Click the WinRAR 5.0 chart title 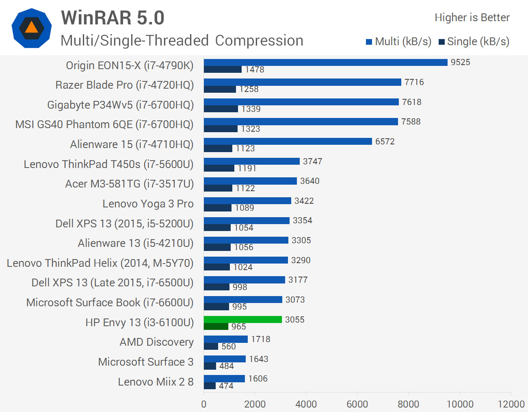pyautogui.click(x=113, y=18)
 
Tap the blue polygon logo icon pyautogui.click(x=32, y=28)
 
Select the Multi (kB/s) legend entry pyautogui.click(x=398, y=41)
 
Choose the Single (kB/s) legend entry pyautogui.click(x=474, y=41)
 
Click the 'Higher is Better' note pyautogui.click(x=472, y=17)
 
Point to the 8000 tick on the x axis pyautogui.click(x=408, y=404)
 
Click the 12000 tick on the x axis pyautogui.click(x=511, y=404)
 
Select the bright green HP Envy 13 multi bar pyautogui.click(x=242, y=319)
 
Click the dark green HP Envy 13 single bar pyautogui.click(x=216, y=327)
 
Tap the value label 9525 pyautogui.click(x=460, y=62)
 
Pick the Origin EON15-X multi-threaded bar pyautogui.click(x=325, y=62)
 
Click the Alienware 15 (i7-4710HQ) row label pyautogui.click(x=132, y=144)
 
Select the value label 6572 pyautogui.click(x=385, y=142)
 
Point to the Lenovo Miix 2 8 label pyautogui.click(x=156, y=382)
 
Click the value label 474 pyautogui.click(x=226, y=386)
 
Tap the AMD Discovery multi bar pyautogui.click(x=225, y=339)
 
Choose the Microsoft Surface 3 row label pyautogui.click(x=145, y=362)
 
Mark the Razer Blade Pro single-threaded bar pyautogui.click(x=220, y=89)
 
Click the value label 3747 pyautogui.click(x=312, y=161)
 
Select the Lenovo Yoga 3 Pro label pyautogui.click(x=148, y=204)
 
